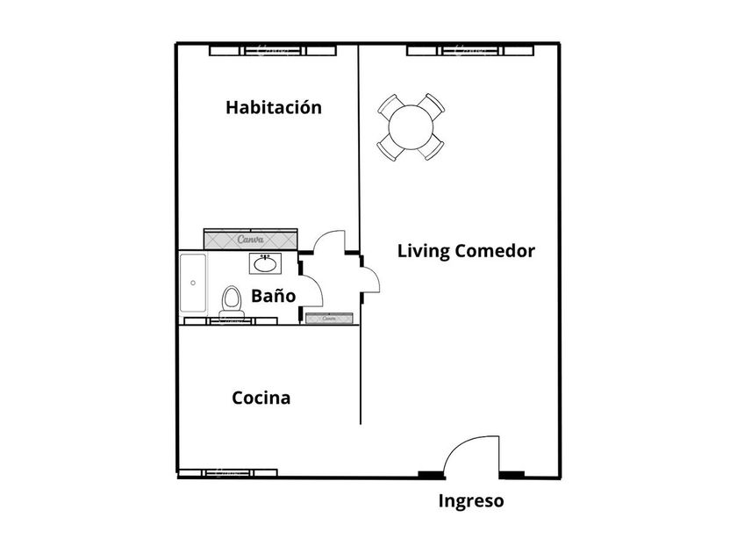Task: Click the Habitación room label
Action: pos(274,108)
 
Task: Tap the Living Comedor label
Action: pos(466,251)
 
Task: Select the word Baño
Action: pos(272,296)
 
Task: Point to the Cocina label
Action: pos(261,398)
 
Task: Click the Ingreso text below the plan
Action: pos(471,502)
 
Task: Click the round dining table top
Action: pos(411,126)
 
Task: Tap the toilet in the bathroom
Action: pos(232,300)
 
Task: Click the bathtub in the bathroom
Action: pos(192,283)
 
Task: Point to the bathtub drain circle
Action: pos(193,283)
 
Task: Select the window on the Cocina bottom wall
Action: pos(240,474)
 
